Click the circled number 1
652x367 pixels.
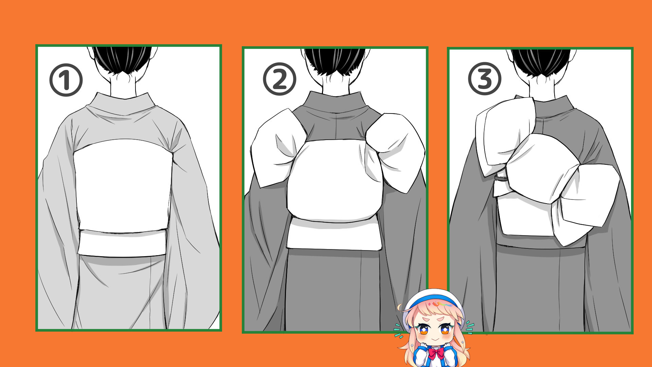point(66,80)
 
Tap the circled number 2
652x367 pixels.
point(279,79)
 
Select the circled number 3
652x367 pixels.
point(485,79)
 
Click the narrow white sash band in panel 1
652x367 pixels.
point(122,243)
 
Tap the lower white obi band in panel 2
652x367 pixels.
point(334,234)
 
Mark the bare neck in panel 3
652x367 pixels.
point(542,87)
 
